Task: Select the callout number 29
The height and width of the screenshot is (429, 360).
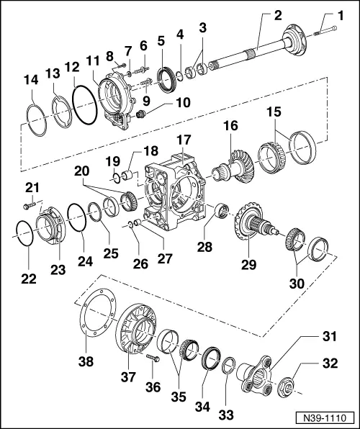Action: pos(248,265)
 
